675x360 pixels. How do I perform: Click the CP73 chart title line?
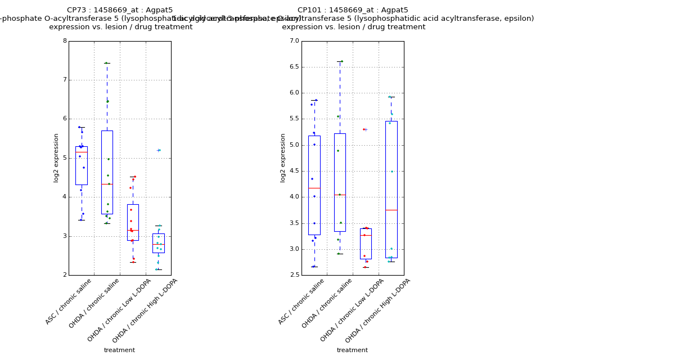pyautogui.click(x=120, y=10)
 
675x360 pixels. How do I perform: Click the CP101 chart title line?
pyautogui.click(x=353, y=10)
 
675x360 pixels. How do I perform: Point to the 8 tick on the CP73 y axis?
pyautogui.click(x=65, y=41)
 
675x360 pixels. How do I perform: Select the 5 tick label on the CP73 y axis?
pyautogui.click(x=65, y=158)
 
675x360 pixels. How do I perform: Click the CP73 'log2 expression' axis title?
pyautogui.click(x=56, y=157)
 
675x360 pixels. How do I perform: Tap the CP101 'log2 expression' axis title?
pyautogui.click(x=283, y=157)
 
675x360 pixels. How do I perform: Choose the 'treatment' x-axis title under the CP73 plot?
pyautogui.click(x=119, y=350)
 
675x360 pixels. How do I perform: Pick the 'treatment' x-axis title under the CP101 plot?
pyautogui.click(x=352, y=350)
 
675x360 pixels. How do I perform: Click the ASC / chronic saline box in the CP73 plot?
pyautogui.click(x=82, y=166)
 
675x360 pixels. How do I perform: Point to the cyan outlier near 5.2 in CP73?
pyautogui.click(x=159, y=150)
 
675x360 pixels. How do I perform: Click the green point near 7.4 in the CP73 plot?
pyautogui.click(x=106, y=63)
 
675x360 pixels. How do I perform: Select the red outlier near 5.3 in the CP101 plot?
pyautogui.click(x=364, y=129)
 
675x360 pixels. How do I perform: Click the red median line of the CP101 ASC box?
pyautogui.click(x=314, y=188)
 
